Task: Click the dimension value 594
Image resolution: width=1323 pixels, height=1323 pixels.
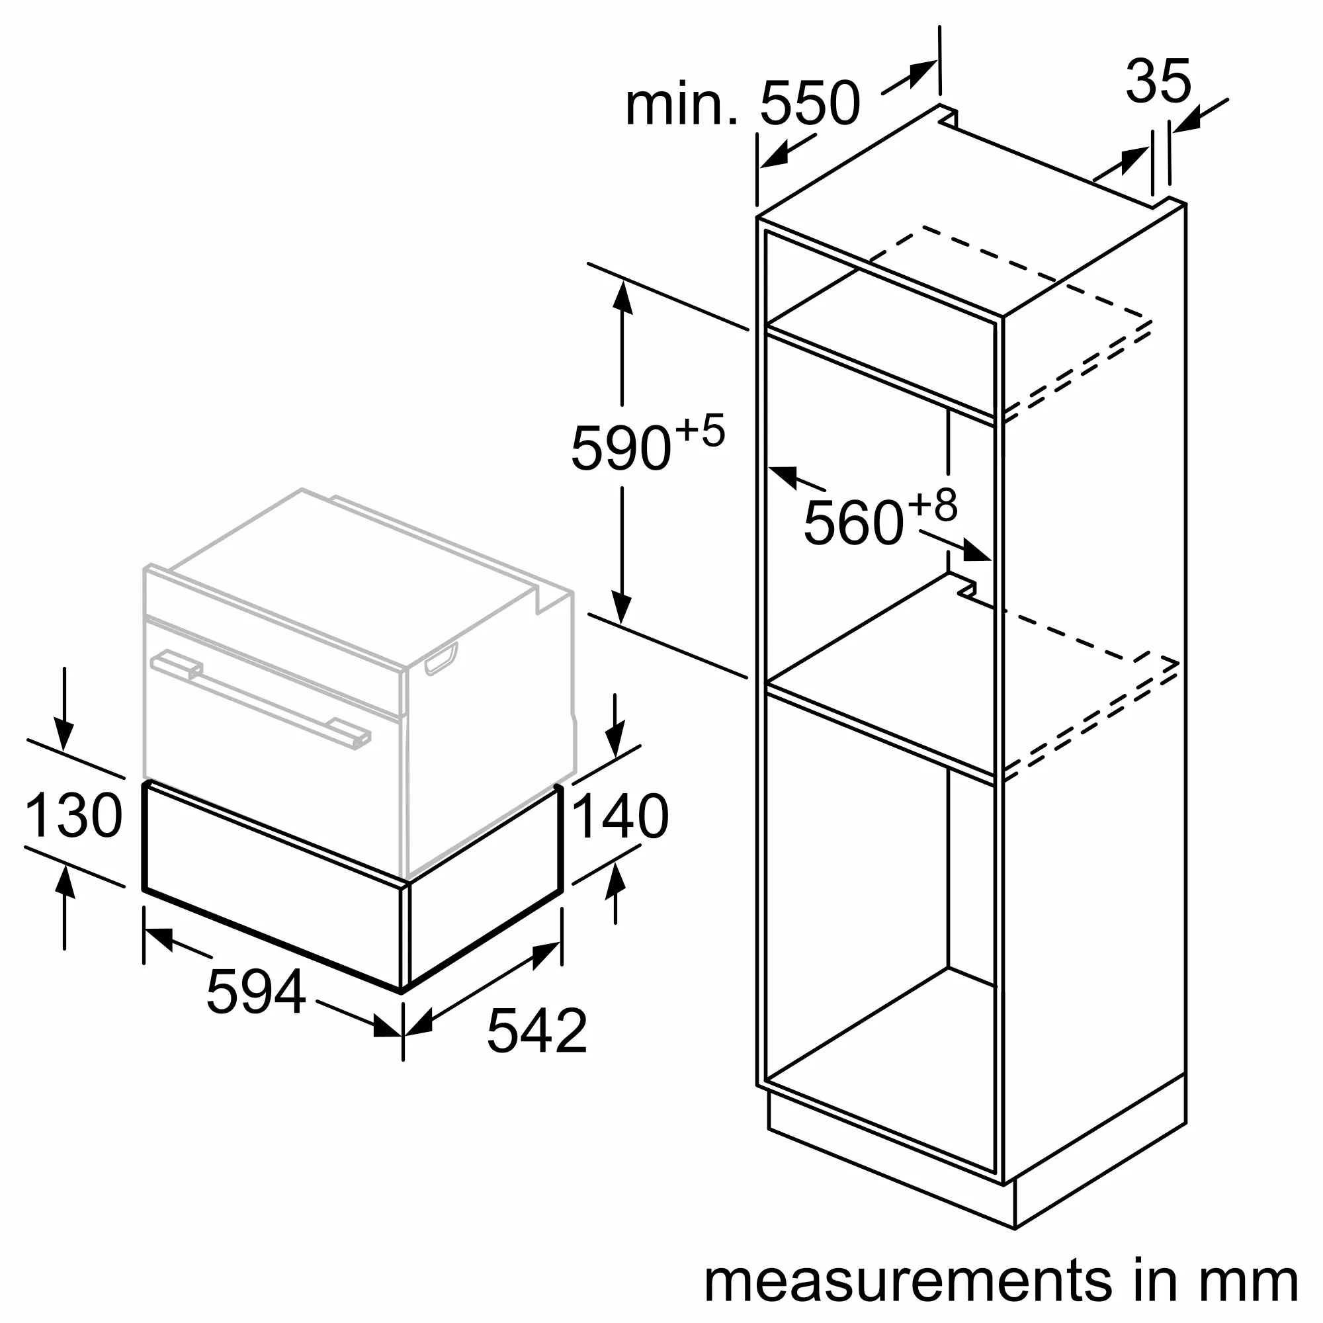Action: pos(255,992)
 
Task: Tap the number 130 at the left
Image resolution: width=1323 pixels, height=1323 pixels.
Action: pos(73,816)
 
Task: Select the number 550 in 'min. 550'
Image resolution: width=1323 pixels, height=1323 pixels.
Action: pos(810,104)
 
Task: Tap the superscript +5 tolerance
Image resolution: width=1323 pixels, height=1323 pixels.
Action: pos(700,431)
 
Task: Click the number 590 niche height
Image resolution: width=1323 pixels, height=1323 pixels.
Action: pos(620,448)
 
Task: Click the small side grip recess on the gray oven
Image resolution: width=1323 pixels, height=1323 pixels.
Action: pos(441,658)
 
